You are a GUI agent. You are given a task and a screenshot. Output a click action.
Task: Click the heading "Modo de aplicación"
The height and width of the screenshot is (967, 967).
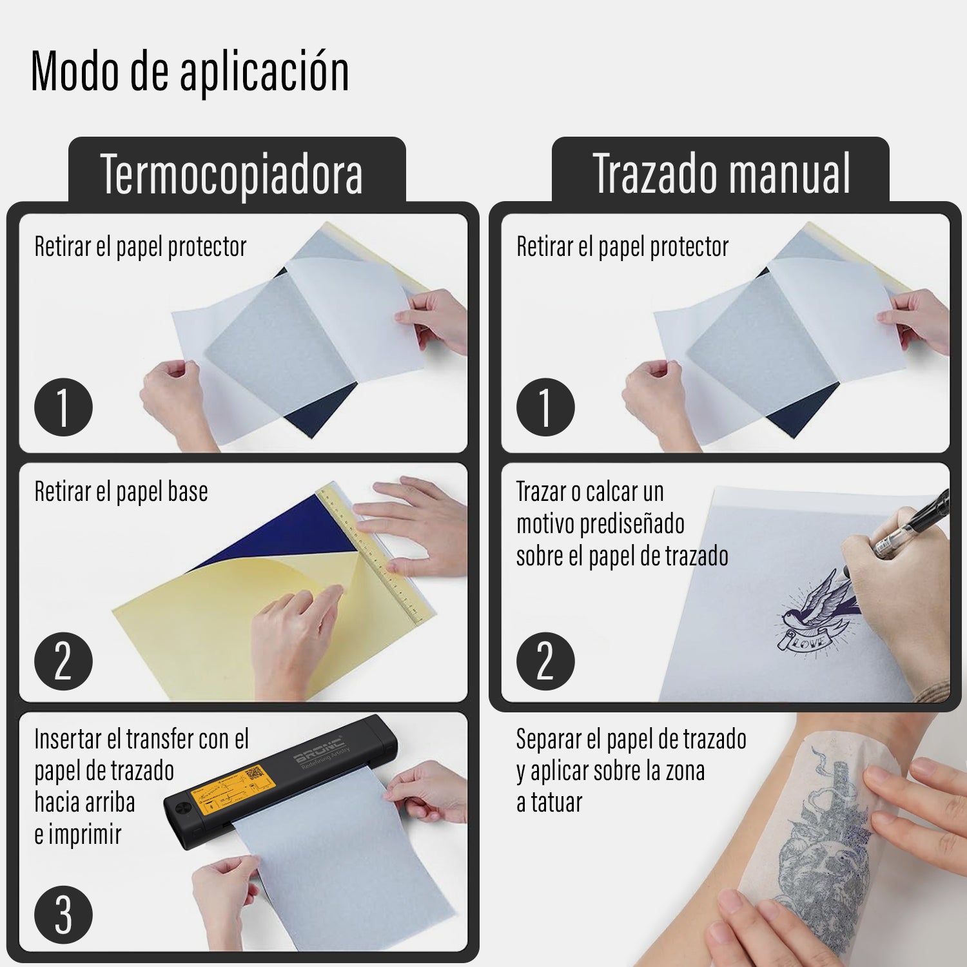point(190,71)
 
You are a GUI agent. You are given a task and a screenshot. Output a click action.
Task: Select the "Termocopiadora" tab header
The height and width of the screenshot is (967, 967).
point(231,174)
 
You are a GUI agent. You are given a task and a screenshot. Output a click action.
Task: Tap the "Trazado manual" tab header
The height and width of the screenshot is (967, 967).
point(721,174)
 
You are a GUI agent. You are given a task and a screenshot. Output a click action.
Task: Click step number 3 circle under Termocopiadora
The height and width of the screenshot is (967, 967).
point(63,915)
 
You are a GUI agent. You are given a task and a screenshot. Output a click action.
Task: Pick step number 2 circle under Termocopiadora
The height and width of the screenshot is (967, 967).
point(63,661)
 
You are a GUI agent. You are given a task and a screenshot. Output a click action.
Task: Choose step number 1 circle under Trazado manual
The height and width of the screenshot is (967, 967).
point(545,407)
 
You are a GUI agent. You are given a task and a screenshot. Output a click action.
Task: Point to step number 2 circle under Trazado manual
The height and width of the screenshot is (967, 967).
point(545,661)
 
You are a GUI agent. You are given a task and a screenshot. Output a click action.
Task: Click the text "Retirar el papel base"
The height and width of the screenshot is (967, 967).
point(121,492)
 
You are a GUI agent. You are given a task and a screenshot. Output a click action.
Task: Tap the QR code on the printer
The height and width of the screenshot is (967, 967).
point(255,774)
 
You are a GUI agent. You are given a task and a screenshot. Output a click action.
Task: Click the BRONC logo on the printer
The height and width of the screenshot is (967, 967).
point(320,751)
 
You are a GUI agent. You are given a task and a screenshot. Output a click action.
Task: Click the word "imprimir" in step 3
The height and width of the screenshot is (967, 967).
point(85,835)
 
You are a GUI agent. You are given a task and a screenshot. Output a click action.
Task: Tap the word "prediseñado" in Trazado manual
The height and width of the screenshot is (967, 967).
point(632,524)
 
